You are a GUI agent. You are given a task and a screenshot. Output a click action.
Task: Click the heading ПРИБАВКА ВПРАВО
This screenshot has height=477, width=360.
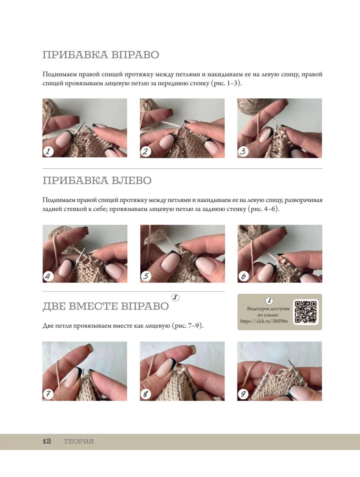pyautogui.click(x=101, y=55)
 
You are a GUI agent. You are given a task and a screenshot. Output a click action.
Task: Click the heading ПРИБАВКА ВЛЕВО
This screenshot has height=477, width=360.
pyautogui.click(x=97, y=181)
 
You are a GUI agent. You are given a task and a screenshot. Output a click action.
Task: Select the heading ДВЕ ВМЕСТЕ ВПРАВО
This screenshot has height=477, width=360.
pyautogui.click(x=105, y=306)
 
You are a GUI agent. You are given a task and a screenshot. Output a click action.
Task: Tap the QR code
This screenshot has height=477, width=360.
pyautogui.click(x=306, y=312)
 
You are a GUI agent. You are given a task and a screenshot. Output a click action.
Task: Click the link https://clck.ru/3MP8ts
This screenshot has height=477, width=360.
pyautogui.click(x=264, y=321)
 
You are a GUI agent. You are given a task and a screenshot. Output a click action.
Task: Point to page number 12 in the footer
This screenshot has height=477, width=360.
pyautogui.click(x=47, y=441)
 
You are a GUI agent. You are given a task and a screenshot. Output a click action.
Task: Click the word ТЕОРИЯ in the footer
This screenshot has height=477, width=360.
pyautogui.click(x=79, y=442)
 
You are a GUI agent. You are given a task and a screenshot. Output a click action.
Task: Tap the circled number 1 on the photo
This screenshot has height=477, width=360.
pyautogui.click(x=48, y=151)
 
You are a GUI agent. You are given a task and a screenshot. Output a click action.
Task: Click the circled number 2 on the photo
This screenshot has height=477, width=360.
pyautogui.click(x=145, y=151)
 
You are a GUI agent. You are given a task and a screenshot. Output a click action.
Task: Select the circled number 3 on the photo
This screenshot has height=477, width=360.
pyautogui.click(x=243, y=151)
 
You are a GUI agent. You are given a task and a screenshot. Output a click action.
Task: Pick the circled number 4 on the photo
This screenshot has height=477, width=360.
pyautogui.click(x=48, y=276)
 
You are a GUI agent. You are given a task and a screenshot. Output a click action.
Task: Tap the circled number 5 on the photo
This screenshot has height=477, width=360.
pyautogui.click(x=146, y=276)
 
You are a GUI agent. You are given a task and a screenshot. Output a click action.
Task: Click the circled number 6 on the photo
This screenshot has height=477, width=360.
pyautogui.click(x=243, y=276)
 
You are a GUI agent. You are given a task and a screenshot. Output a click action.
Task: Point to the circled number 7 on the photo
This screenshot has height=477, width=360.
pyautogui.click(x=48, y=394)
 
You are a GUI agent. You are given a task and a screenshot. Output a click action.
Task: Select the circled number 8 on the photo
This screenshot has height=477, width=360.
pyautogui.click(x=145, y=394)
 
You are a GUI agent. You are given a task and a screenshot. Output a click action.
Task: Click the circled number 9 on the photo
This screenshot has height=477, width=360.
pyautogui.click(x=243, y=394)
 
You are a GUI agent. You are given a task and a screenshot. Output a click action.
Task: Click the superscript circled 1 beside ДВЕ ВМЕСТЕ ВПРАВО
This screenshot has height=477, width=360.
pyautogui.click(x=175, y=298)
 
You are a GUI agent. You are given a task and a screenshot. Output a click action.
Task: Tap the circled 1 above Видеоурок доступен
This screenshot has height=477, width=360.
pyautogui.click(x=269, y=301)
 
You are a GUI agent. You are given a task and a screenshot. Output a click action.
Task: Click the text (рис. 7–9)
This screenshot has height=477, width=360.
pyautogui.click(x=187, y=326)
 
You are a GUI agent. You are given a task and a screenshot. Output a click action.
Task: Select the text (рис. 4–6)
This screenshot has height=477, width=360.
pyautogui.click(x=263, y=209)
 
